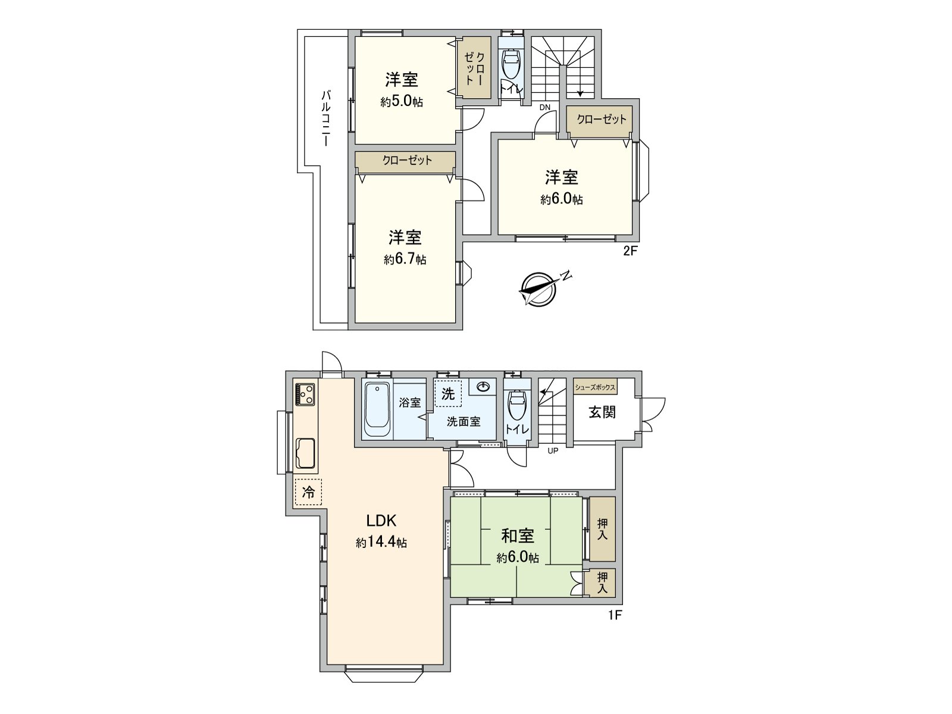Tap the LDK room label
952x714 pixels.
pyautogui.click(x=381, y=521)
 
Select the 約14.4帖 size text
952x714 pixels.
pyautogui.click(x=381, y=543)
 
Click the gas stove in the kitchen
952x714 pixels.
pyautogui.click(x=306, y=394)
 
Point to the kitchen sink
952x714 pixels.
pyautogui.click(x=306, y=455)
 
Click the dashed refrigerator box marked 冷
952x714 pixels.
pyautogui.click(x=308, y=492)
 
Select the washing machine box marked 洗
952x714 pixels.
pyautogui.click(x=447, y=393)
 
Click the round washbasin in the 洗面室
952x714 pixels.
pyautogui.click(x=484, y=387)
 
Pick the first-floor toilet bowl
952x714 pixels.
pyautogui.click(x=516, y=406)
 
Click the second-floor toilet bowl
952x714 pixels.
pyautogui.click(x=511, y=64)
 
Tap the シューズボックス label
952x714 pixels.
pyautogui.click(x=594, y=387)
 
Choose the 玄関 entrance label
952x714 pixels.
pyautogui.click(x=602, y=412)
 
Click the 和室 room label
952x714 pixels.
pyautogui.click(x=518, y=535)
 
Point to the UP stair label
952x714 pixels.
pyautogui.click(x=553, y=450)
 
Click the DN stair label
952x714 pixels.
pyautogui.click(x=545, y=108)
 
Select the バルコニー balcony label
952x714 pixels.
pyautogui.click(x=326, y=118)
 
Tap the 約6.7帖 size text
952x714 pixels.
pyautogui.click(x=405, y=259)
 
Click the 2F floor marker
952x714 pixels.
pyautogui.click(x=630, y=250)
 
